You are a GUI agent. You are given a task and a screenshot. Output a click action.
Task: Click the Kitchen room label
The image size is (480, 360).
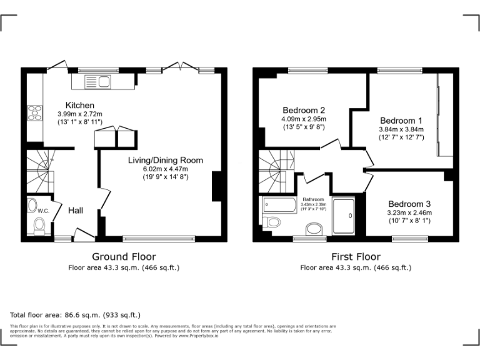[x=80, y=105]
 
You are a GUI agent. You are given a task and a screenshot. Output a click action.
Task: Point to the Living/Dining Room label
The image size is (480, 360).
[x=165, y=160]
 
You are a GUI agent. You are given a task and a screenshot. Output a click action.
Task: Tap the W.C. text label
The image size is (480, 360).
[x=43, y=211]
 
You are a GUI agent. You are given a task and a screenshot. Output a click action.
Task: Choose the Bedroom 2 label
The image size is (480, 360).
[x=304, y=109]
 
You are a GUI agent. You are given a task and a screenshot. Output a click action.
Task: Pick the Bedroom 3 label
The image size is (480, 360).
[x=409, y=204]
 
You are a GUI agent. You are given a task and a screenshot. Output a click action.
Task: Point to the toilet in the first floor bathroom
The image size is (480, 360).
[x=272, y=222]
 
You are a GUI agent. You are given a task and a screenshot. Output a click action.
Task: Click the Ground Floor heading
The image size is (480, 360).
[x=124, y=256]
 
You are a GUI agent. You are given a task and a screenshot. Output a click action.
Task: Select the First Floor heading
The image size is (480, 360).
[x=356, y=256]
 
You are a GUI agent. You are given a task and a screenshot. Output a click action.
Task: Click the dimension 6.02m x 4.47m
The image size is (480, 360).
[x=165, y=169]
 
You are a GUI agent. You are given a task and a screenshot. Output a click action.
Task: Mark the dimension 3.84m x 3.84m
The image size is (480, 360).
[x=401, y=129]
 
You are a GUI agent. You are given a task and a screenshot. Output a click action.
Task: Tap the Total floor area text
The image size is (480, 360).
[x=76, y=315]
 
